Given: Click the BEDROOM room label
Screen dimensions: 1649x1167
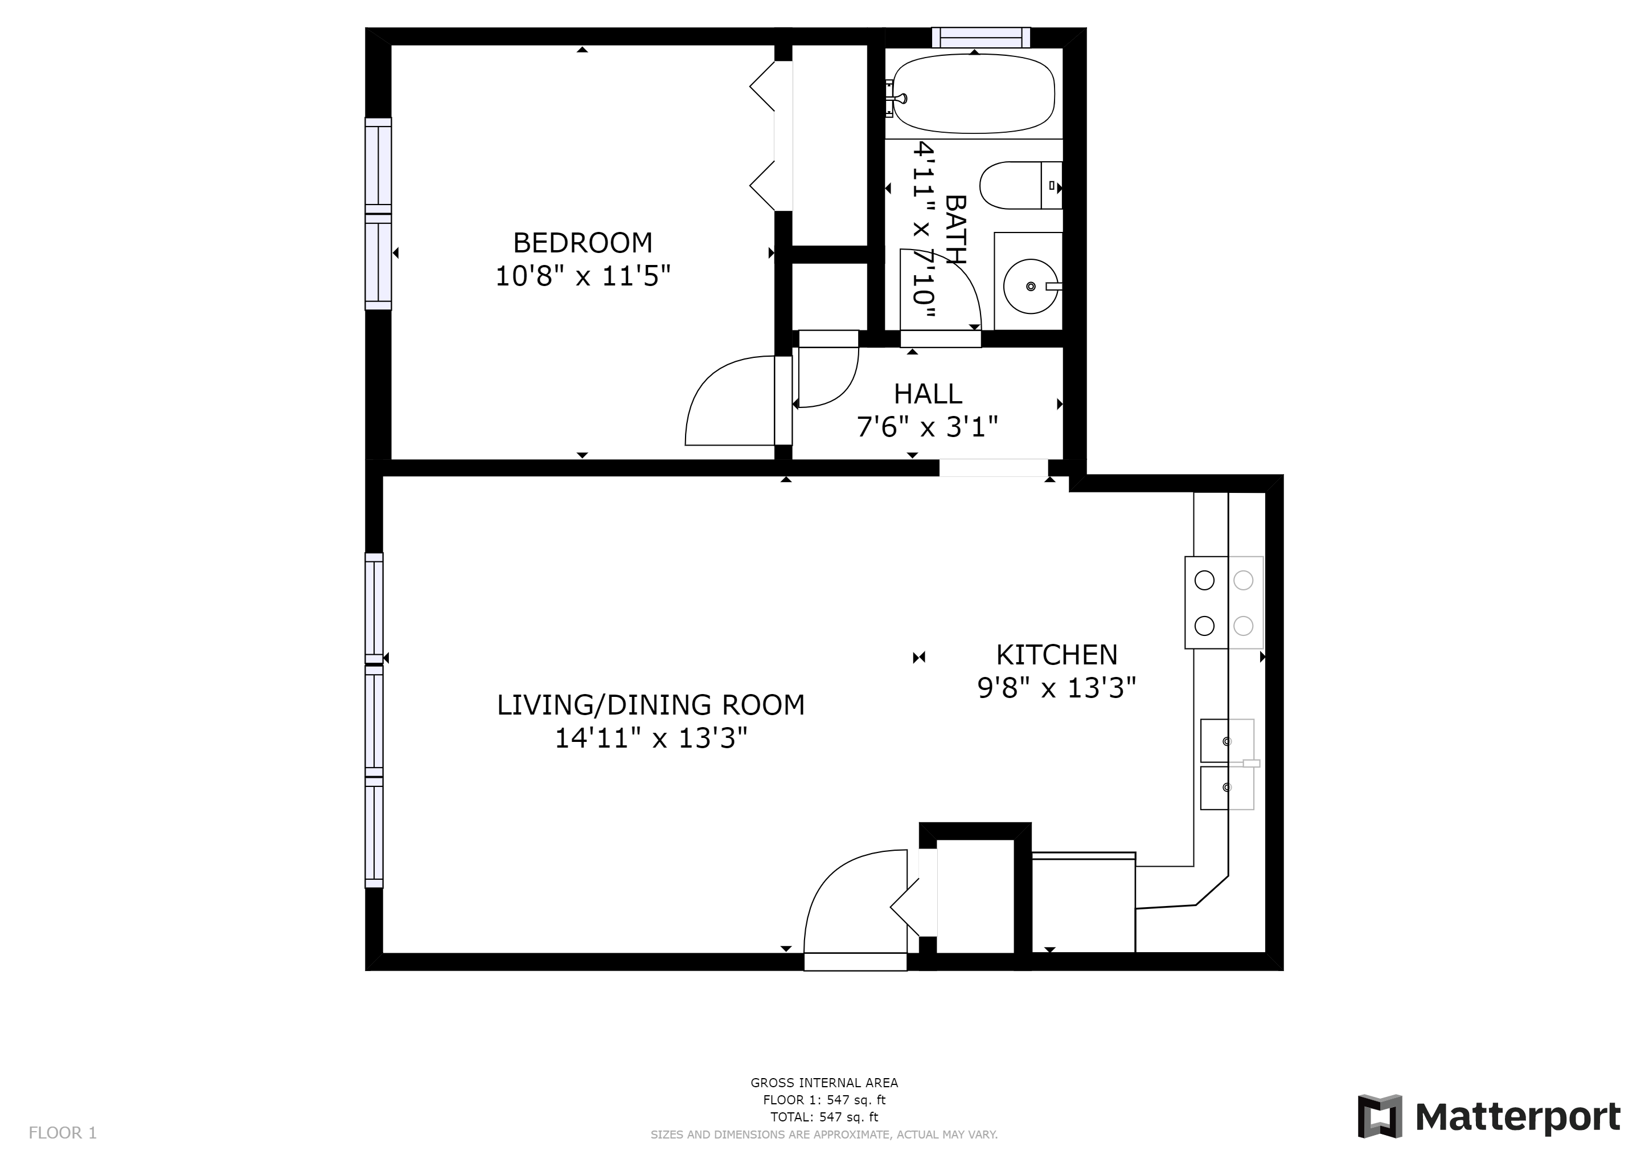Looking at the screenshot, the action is click(x=583, y=243).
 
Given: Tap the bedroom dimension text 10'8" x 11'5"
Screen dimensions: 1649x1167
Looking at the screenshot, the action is click(x=583, y=276).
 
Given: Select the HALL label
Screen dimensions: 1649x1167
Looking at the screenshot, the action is click(x=928, y=394).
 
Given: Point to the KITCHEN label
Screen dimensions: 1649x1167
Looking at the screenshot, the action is click(x=1056, y=655).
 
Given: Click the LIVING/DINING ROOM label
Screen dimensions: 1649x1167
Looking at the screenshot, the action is click(x=651, y=705).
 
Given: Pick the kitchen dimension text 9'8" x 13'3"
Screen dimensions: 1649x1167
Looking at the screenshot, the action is click(x=1056, y=688).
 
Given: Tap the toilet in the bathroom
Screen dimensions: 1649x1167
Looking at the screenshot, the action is click(x=1020, y=185).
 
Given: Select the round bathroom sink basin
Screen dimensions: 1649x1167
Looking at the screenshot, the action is click(x=1031, y=286).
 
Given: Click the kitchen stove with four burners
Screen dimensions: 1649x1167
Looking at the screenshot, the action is click(x=1224, y=602).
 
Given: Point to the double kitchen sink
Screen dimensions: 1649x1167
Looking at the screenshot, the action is click(x=1228, y=765).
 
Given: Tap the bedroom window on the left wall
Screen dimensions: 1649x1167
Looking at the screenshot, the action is click(x=379, y=214).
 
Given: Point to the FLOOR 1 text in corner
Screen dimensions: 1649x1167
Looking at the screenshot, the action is click(x=63, y=1133).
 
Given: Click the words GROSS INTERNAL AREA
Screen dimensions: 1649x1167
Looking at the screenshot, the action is click(x=824, y=1083).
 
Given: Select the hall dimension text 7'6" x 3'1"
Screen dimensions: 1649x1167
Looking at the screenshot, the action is click(x=927, y=427).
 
